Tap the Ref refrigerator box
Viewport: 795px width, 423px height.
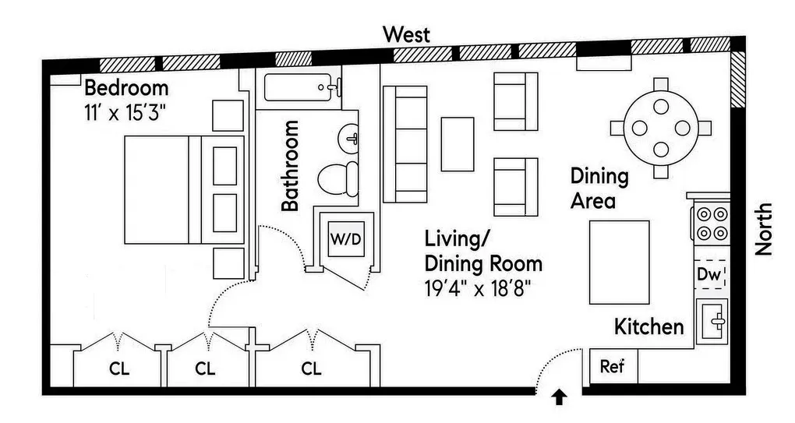click(612, 366)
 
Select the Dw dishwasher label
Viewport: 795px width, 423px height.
click(709, 274)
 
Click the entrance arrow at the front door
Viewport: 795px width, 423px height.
click(560, 398)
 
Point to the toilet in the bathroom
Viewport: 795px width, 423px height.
click(338, 179)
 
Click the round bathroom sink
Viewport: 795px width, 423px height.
click(349, 139)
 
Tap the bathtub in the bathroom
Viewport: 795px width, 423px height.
click(301, 87)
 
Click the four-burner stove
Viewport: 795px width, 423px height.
click(710, 222)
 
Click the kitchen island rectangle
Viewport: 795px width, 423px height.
click(619, 262)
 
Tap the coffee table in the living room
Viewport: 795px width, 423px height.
click(458, 144)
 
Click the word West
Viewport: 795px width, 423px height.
click(406, 35)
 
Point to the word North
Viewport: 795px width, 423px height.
click(765, 229)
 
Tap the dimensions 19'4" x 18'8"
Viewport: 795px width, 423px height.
click(477, 287)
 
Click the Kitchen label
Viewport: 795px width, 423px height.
click(648, 326)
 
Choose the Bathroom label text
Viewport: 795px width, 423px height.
click(290, 165)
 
